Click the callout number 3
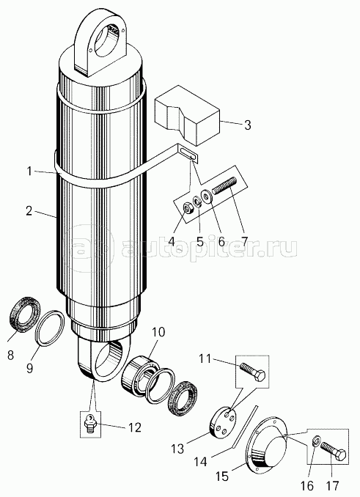pyautogui.click(x=247, y=125)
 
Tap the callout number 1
pyautogui.click(x=29, y=171)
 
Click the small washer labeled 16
pyautogui.click(x=315, y=441)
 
